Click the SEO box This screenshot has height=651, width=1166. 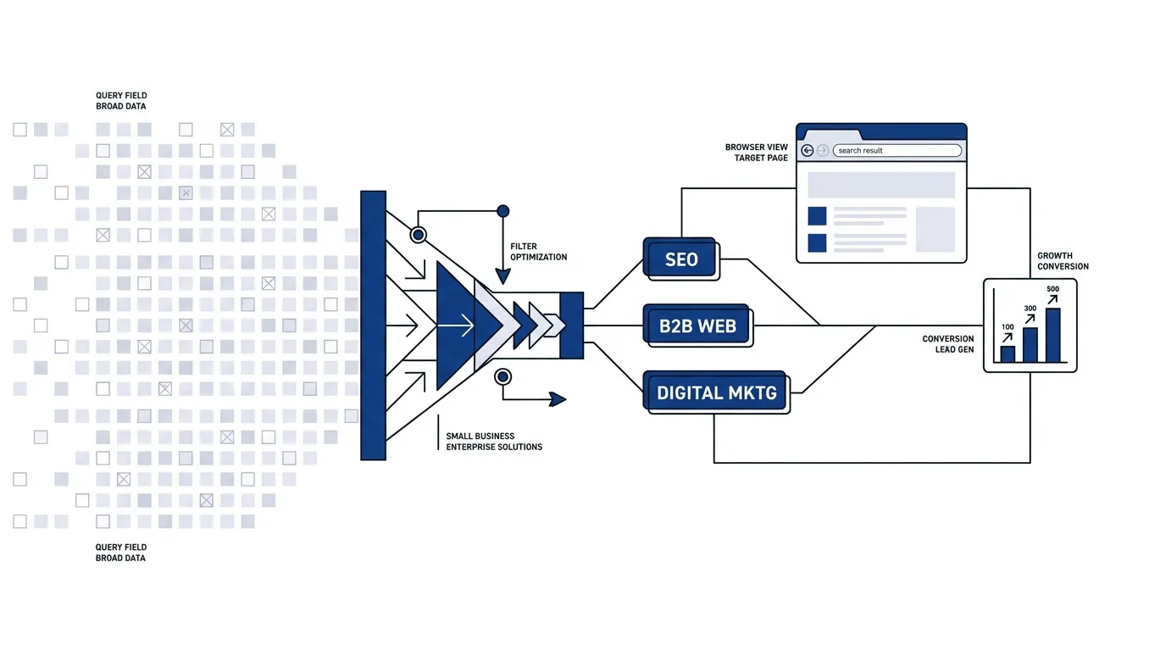coord(680,259)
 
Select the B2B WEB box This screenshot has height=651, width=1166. coord(697,325)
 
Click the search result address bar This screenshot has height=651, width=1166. coord(897,151)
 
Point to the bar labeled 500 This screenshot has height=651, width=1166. coord(1052,335)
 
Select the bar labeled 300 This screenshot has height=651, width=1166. coord(1030,344)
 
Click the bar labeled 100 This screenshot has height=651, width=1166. coord(1008,353)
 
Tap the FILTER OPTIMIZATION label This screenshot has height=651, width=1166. coord(538,252)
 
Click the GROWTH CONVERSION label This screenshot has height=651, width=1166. coord(1063,261)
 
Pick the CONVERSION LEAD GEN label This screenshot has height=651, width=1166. coord(948,344)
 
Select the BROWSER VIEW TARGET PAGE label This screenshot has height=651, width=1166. coord(757,153)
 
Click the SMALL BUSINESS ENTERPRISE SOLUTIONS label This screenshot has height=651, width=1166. coord(493,441)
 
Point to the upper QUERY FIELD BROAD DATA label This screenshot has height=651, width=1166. coord(121,101)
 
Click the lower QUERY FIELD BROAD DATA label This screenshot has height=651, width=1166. coord(121,552)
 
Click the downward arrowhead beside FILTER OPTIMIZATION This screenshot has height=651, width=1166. coord(502,276)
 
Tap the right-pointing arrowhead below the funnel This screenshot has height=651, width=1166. coord(558,399)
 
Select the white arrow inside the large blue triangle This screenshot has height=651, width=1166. coord(456,325)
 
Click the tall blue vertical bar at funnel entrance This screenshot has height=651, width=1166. coord(373,325)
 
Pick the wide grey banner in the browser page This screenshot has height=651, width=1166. coord(881,185)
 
